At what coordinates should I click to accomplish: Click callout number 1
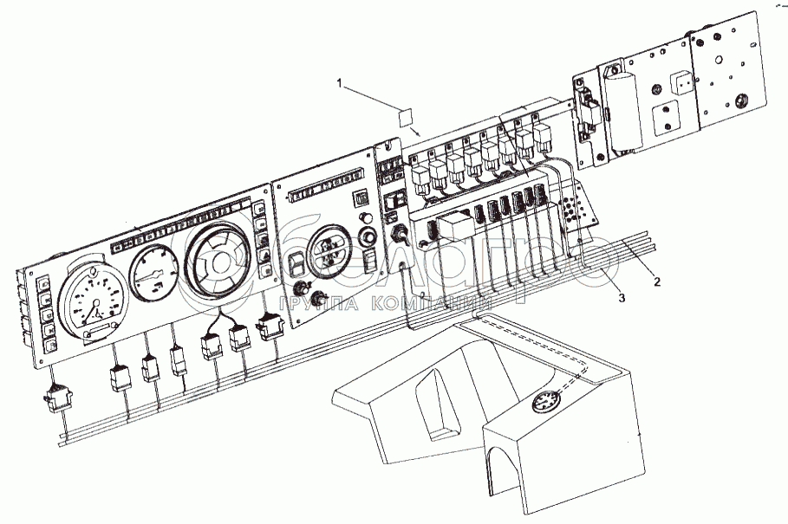[x=342, y=83]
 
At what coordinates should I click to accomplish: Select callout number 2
[x=657, y=282]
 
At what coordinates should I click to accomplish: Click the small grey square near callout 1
[x=404, y=118]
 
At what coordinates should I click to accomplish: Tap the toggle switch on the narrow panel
[x=401, y=236]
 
